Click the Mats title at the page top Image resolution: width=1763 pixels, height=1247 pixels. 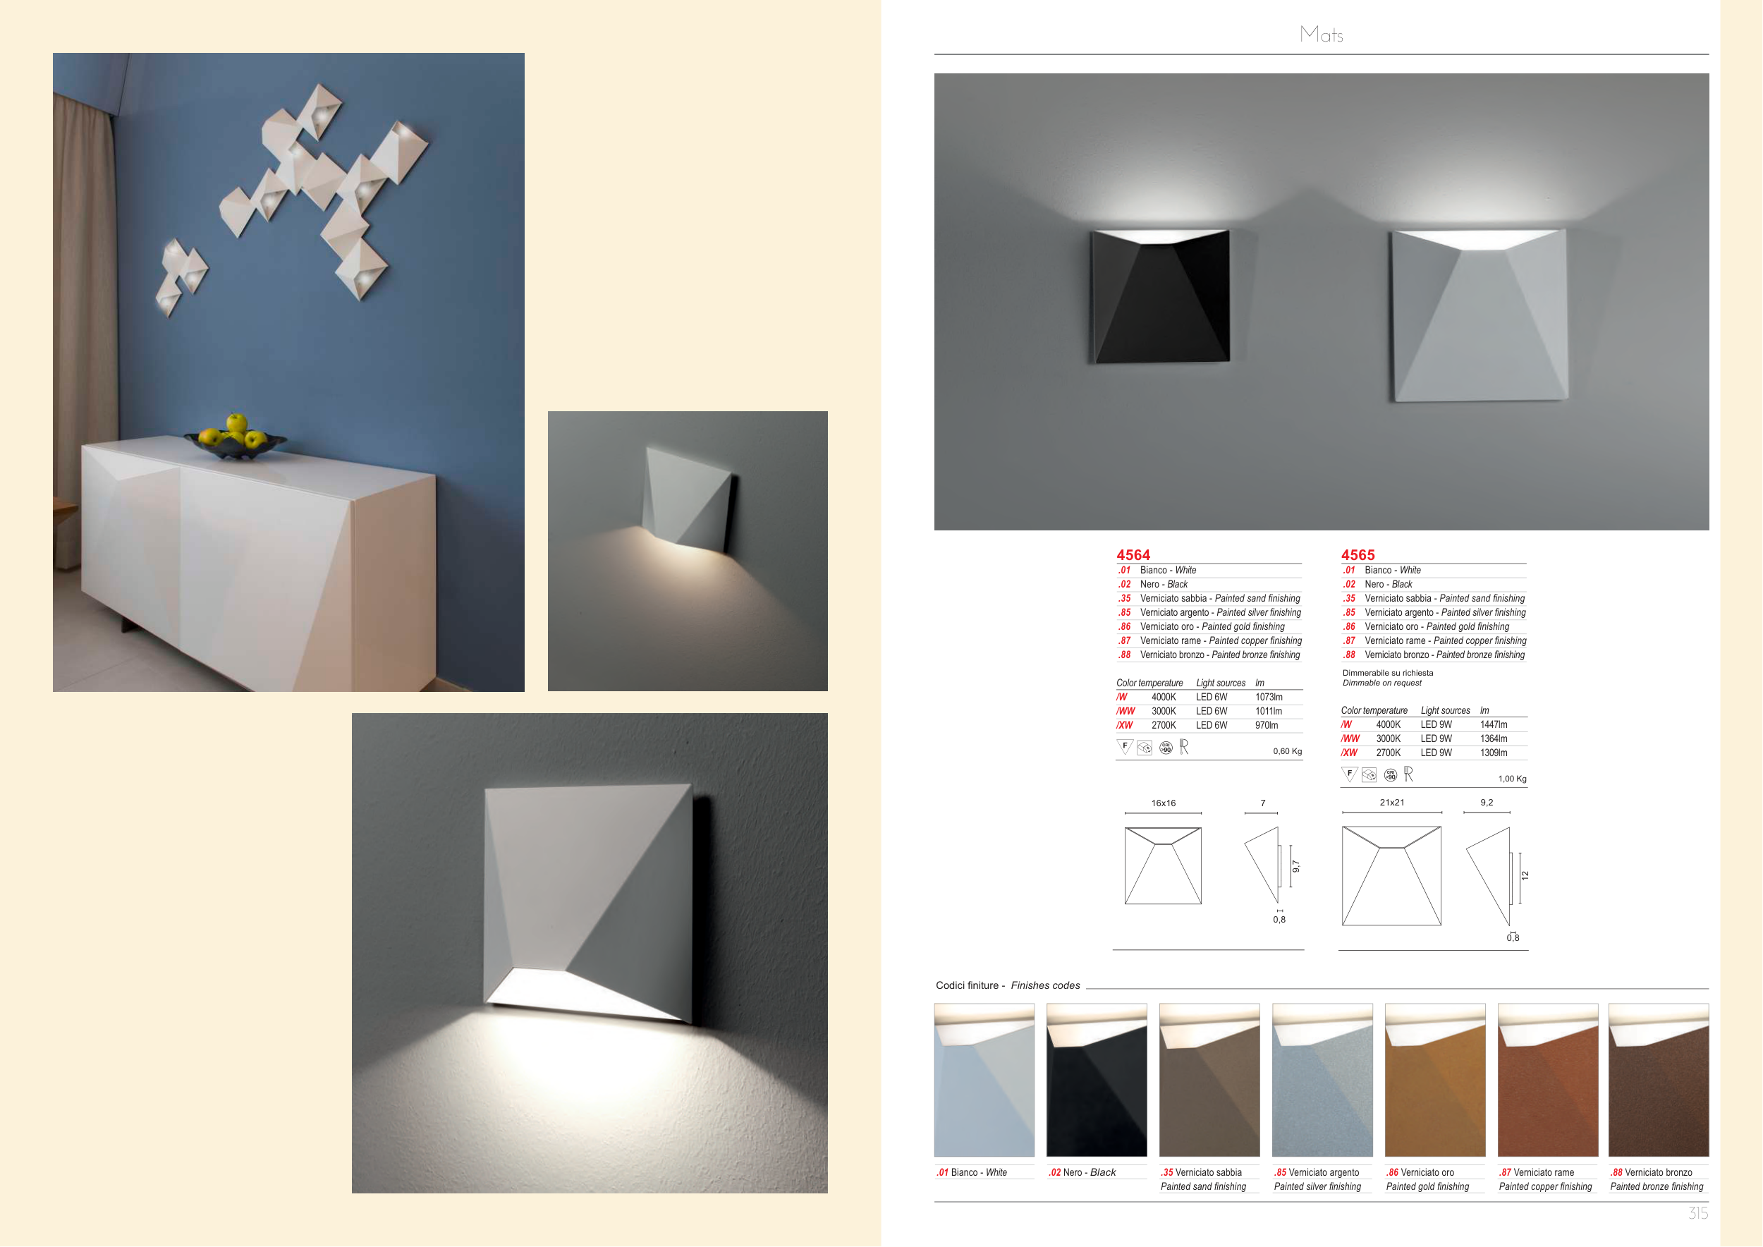click(1322, 34)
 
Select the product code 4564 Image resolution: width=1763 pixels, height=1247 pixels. click(1133, 554)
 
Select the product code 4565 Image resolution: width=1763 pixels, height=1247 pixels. click(1358, 554)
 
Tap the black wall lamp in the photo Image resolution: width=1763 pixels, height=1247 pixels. click(1160, 296)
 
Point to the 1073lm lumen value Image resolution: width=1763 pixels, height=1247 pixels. click(1269, 698)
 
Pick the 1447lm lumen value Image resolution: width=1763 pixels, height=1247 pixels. click(1494, 725)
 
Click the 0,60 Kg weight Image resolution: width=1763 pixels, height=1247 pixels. click(1287, 751)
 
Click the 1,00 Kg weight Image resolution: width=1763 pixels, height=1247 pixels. click(1512, 779)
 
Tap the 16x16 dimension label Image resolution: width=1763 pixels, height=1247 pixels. click(1164, 803)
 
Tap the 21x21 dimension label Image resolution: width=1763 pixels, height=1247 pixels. click(1391, 803)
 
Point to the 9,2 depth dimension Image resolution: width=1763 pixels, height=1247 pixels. click(1487, 803)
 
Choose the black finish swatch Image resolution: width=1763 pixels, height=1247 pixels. click(1097, 1080)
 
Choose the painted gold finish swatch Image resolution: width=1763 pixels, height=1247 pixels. click(1435, 1080)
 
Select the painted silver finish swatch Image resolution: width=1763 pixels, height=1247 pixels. click(1322, 1080)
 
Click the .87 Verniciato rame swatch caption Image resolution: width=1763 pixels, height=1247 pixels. click(1537, 1172)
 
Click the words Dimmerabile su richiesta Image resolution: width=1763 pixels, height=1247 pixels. click(1388, 673)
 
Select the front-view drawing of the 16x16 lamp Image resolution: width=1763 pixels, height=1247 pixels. click(1163, 865)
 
